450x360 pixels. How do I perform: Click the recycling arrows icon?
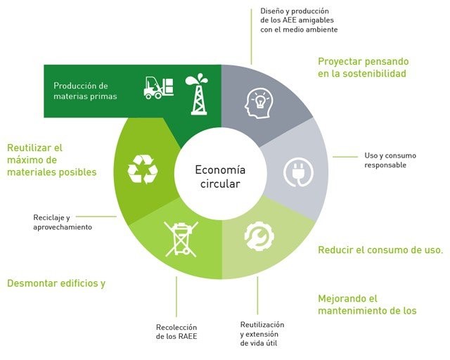coord(143,169)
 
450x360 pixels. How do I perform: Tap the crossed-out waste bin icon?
coord(181,239)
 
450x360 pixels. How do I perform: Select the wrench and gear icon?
coord(259,236)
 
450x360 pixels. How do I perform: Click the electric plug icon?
coord(298,172)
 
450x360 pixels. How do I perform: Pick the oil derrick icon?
coord(197,94)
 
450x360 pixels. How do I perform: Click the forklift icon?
coord(158,88)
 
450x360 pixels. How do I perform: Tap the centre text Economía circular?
coord(220,176)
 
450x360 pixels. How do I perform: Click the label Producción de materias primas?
coord(85,91)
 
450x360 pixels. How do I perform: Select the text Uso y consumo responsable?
coord(390,160)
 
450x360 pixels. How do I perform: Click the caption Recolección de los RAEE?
coord(176,332)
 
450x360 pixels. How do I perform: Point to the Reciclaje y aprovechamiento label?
coord(63,222)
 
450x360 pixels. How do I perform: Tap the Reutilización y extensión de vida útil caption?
coord(262,334)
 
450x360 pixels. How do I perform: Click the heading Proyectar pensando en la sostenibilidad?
coord(364,67)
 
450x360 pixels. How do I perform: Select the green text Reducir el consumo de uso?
coord(380,250)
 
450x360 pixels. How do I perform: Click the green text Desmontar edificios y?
coord(56,283)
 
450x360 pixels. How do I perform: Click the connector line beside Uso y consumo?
coord(345,157)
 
